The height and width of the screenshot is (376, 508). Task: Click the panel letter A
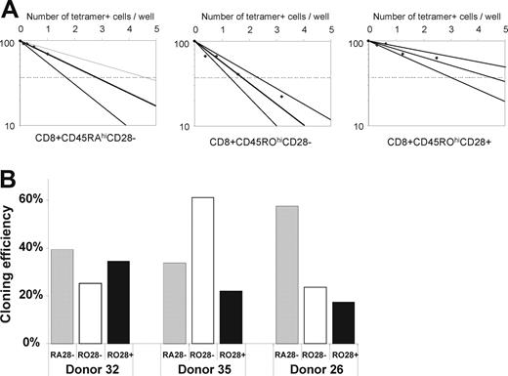tap(11, 11)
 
